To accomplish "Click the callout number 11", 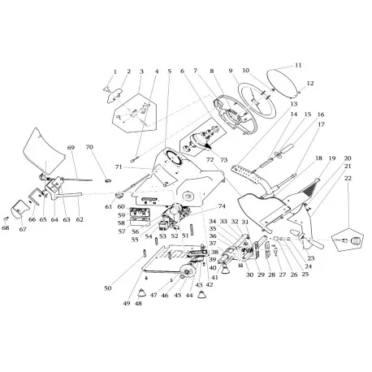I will [x=298, y=65].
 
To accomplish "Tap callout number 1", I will [x=115, y=72].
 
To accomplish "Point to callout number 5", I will [x=169, y=71].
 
